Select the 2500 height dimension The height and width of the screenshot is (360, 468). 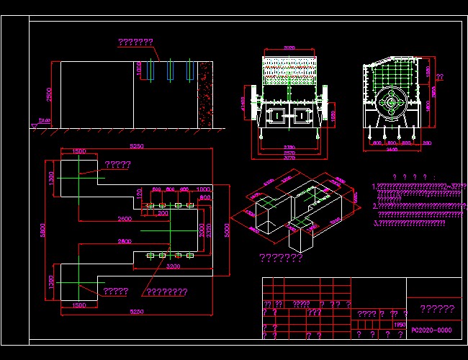point(49,95)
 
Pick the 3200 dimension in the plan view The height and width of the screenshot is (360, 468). point(174,265)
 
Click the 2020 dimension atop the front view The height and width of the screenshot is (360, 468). point(289,48)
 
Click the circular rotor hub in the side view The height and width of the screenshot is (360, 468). point(391,102)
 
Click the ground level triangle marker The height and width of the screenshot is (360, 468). point(35,126)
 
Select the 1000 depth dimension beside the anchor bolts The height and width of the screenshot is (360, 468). point(140,70)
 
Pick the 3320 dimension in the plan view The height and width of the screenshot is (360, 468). point(208,230)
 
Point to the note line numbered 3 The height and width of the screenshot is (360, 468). point(409,223)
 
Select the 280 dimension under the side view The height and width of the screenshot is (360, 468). point(427,143)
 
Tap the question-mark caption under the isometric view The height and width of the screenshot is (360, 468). point(280,258)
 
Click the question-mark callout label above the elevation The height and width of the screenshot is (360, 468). point(135,42)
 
